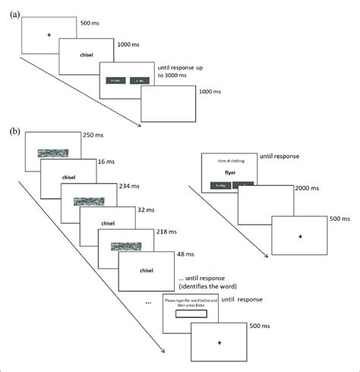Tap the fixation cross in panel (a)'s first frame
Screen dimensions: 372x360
pyautogui.click(x=49, y=35)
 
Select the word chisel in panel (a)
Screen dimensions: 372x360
pyautogui.click(x=87, y=56)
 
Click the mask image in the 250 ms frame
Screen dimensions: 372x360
pyautogui.click(x=53, y=153)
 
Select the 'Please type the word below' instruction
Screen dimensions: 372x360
pyautogui.click(x=190, y=302)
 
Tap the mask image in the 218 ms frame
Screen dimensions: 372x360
pyautogui.click(x=126, y=247)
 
